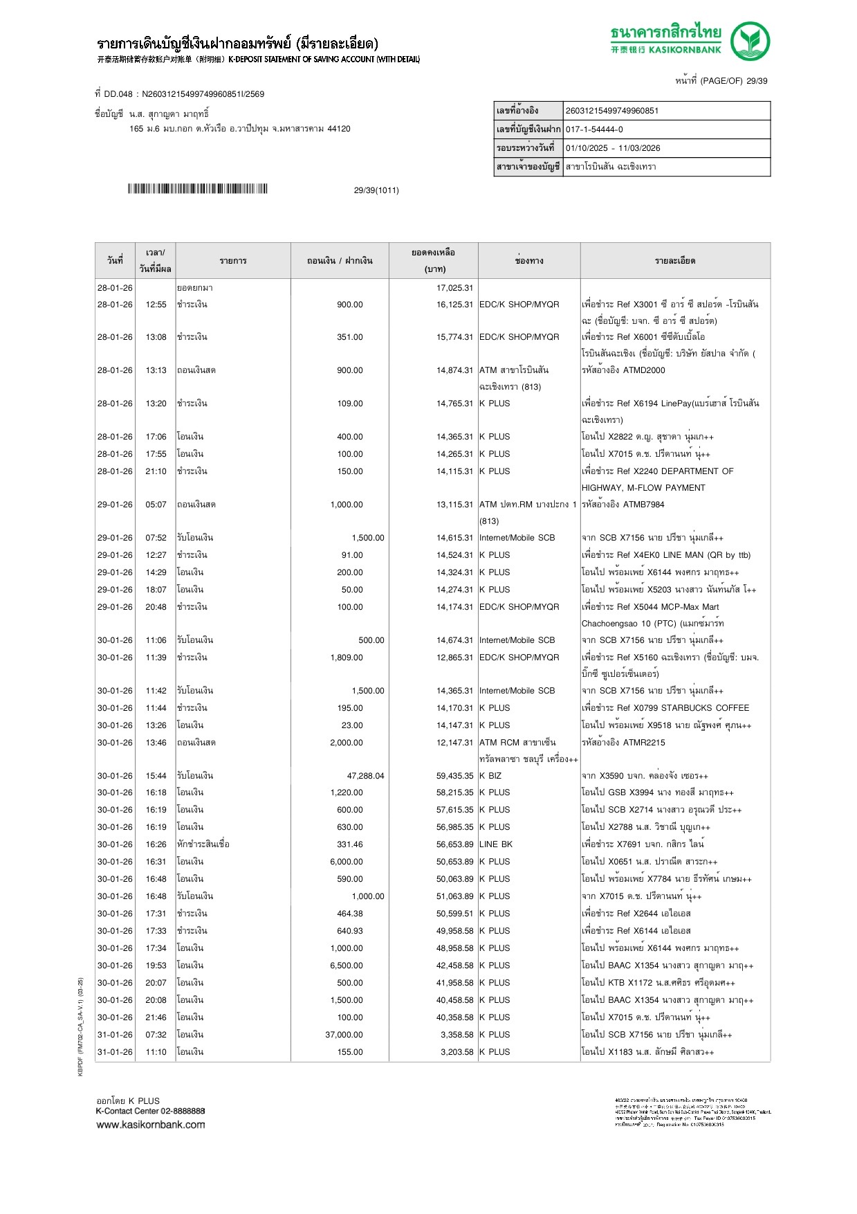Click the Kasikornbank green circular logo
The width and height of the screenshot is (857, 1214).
pos(750,41)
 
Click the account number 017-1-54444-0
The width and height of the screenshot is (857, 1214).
pos(594,129)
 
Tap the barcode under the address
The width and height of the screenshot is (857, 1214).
pos(197,189)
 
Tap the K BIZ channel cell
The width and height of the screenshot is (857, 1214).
pos(490,776)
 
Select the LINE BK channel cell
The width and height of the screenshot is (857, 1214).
pos(496,844)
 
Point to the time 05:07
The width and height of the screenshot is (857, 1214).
pos(156,505)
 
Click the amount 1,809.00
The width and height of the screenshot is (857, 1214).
pos(347,658)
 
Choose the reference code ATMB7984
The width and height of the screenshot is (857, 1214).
pos(643,505)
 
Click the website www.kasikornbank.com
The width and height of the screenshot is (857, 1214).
pos(151,1125)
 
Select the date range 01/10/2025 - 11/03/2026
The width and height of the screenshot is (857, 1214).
pos(613,148)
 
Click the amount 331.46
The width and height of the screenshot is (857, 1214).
pos(349,844)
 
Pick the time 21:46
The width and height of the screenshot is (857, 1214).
pos(156,1017)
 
